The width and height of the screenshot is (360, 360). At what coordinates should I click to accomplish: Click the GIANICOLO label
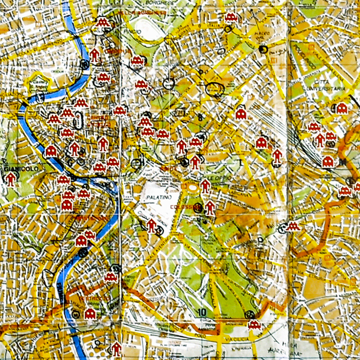coord(17,169)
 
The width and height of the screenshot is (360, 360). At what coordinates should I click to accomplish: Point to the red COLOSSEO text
coord(191,207)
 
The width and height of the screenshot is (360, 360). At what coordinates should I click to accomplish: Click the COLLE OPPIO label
coord(222,177)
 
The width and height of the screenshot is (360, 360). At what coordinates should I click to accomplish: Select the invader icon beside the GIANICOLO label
coord(11,179)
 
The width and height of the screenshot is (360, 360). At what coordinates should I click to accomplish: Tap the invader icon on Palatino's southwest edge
coord(152,225)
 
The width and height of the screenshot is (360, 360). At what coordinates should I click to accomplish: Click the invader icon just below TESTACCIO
coord(90,314)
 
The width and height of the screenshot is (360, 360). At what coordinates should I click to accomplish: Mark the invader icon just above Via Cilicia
coord(254,325)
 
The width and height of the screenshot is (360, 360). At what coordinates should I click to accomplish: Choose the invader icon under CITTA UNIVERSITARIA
coord(341,108)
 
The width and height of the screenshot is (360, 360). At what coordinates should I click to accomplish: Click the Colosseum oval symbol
coord(193,188)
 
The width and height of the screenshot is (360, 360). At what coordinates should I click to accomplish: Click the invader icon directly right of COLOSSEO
coord(210,207)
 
